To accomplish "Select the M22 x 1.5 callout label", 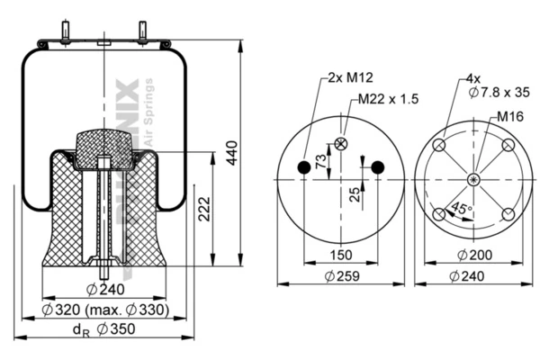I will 389,99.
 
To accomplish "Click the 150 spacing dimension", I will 340,256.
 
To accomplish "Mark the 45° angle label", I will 463,208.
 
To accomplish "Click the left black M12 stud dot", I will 304,166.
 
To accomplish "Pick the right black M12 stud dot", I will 377,166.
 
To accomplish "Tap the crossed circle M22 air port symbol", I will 341,143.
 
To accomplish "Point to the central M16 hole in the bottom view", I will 472,179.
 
